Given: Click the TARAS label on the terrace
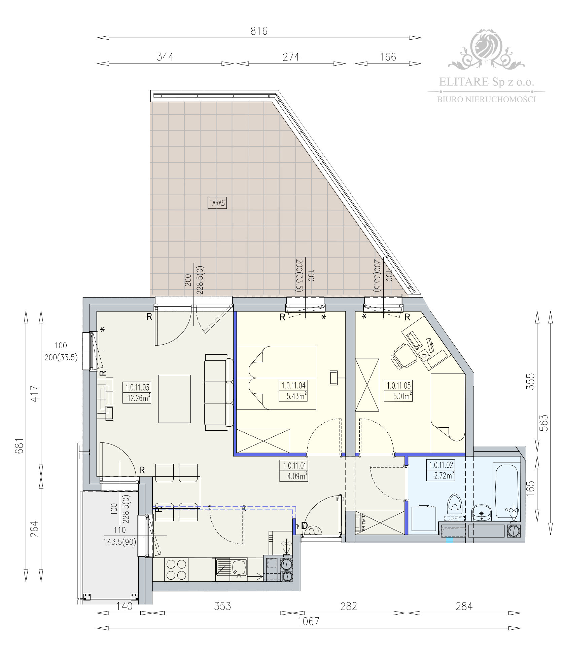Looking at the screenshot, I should click(x=217, y=203).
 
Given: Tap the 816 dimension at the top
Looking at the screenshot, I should click(x=259, y=31).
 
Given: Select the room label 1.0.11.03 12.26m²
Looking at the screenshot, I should click(x=137, y=392).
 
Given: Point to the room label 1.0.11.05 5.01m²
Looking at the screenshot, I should click(x=399, y=391).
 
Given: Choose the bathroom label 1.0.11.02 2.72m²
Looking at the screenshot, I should click(x=441, y=470).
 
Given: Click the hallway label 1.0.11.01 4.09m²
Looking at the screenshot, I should click(x=293, y=471).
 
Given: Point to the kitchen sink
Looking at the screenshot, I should click(x=231, y=568).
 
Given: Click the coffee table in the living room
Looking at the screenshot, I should click(x=174, y=398).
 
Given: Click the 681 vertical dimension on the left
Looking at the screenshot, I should click(x=20, y=445).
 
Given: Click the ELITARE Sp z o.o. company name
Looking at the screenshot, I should click(x=486, y=82).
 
